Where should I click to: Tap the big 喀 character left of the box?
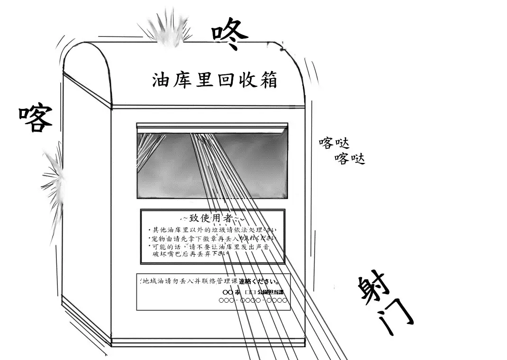36,118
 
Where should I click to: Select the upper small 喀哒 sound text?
334,143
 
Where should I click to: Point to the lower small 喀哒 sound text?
350,159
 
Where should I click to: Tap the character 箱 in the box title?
268,80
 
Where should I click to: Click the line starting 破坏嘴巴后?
190,254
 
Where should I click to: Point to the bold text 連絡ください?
259,281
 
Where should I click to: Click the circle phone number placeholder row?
253,300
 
